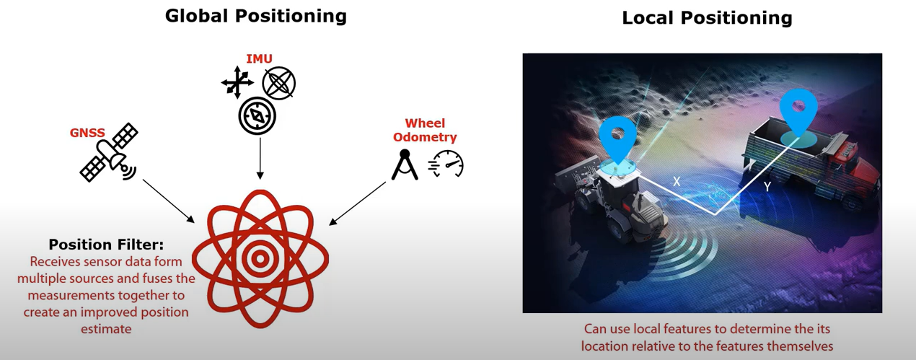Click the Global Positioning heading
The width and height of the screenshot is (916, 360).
click(x=256, y=17)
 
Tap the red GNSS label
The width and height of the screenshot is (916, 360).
click(x=87, y=133)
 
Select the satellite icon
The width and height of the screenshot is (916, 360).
click(x=109, y=152)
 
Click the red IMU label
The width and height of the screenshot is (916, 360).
click(x=259, y=59)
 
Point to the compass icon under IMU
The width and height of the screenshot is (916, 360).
click(x=257, y=116)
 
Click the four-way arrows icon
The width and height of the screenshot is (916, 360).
click(x=237, y=83)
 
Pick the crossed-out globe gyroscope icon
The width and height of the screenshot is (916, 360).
click(x=279, y=83)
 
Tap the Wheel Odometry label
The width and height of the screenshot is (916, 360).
click(x=425, y=130)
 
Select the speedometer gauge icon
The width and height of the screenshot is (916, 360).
click(x=446, y=164)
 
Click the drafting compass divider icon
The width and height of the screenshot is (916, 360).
click(x=405, y=165)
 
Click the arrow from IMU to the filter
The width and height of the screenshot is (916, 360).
click(x=260, y=158)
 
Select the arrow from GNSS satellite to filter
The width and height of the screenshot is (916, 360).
click(x=168, y=201)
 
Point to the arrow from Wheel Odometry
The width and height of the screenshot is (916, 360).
click(x=358, y=203)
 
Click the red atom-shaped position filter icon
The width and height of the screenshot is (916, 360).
click(x=260, y=258)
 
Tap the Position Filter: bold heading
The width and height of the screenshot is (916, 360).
click(x=106, y=245)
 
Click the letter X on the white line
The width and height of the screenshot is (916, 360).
click(x=677, y=182)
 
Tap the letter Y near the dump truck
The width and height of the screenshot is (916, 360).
click(x=767, y=187)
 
